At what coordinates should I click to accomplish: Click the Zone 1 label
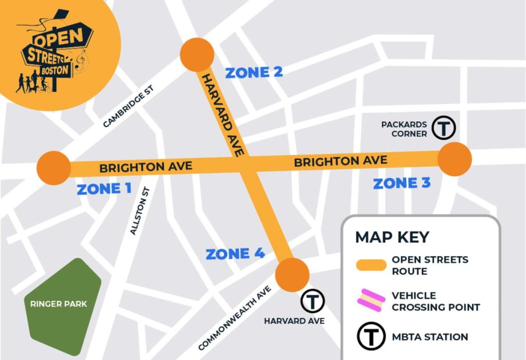(104, 189)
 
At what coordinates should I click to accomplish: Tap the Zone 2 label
(254, 72)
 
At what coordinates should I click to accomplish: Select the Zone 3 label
(402, 183)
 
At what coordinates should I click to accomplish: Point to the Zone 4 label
(235, 254)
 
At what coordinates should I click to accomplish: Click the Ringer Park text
(59, 304)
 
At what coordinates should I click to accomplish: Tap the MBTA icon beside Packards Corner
(444, 127)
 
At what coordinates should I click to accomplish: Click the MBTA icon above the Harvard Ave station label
(312, 301)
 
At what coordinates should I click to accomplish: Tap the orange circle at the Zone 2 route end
(197, 54)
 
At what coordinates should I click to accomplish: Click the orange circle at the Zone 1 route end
(53, 168)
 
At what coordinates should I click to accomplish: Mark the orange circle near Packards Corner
(455, 159)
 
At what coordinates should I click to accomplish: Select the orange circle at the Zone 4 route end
(292, 275)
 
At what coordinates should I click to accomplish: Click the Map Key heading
(392, 237)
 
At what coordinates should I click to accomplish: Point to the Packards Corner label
(404, 129)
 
